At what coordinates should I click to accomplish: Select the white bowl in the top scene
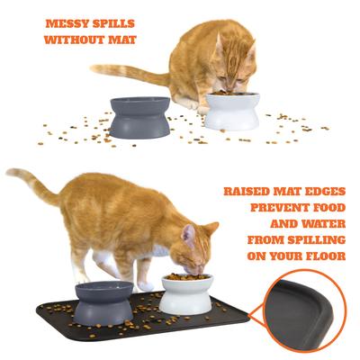point(231,112)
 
